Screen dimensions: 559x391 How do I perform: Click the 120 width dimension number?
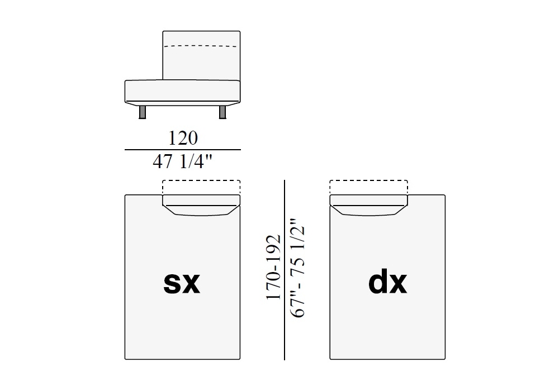pos(183,138)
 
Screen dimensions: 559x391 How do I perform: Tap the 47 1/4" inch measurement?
pos(182,161)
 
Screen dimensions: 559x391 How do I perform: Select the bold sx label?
pos(182,283)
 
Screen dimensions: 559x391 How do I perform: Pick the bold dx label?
pos(387,283)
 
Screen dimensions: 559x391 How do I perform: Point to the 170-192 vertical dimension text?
pos(273,268)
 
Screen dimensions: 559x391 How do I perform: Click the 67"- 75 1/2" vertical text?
pos(298,268)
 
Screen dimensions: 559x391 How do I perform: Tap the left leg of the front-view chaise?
pos(142,112)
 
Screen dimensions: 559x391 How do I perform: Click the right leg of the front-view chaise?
pos(222,112)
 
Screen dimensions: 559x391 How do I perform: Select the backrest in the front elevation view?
pos(201,55)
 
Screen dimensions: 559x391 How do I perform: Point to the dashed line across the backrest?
pos(201,46)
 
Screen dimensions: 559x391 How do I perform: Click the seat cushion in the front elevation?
pos(183,91)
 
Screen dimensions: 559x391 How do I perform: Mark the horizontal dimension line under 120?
pos(183,150)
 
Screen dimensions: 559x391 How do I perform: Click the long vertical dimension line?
pos(285,270)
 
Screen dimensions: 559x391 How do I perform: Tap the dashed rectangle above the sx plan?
pos(201,181)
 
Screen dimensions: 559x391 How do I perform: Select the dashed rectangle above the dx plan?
pos(368,181)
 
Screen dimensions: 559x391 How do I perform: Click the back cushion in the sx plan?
pos(201,205)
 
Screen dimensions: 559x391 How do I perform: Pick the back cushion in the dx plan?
pos(368,205)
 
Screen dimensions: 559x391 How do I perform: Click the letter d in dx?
pos(378,283)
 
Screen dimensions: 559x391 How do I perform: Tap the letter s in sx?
pos(172,283)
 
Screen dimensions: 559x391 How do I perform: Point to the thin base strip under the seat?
pos(183,104)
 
